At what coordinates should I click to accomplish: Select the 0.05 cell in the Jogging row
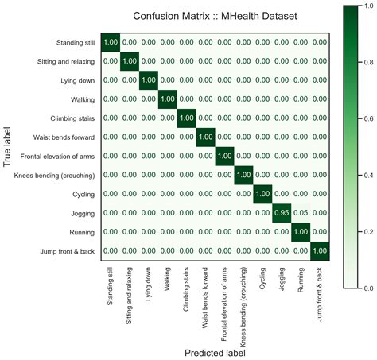pyautogui.click(x=301, y=213)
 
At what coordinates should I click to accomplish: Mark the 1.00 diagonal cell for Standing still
pyautogui.click(x=109, y=42)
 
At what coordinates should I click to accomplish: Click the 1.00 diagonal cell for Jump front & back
pyautogui.click(x=320, y=251)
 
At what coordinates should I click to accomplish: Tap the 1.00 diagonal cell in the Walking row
pyautogui.click(x=166, y=99)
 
